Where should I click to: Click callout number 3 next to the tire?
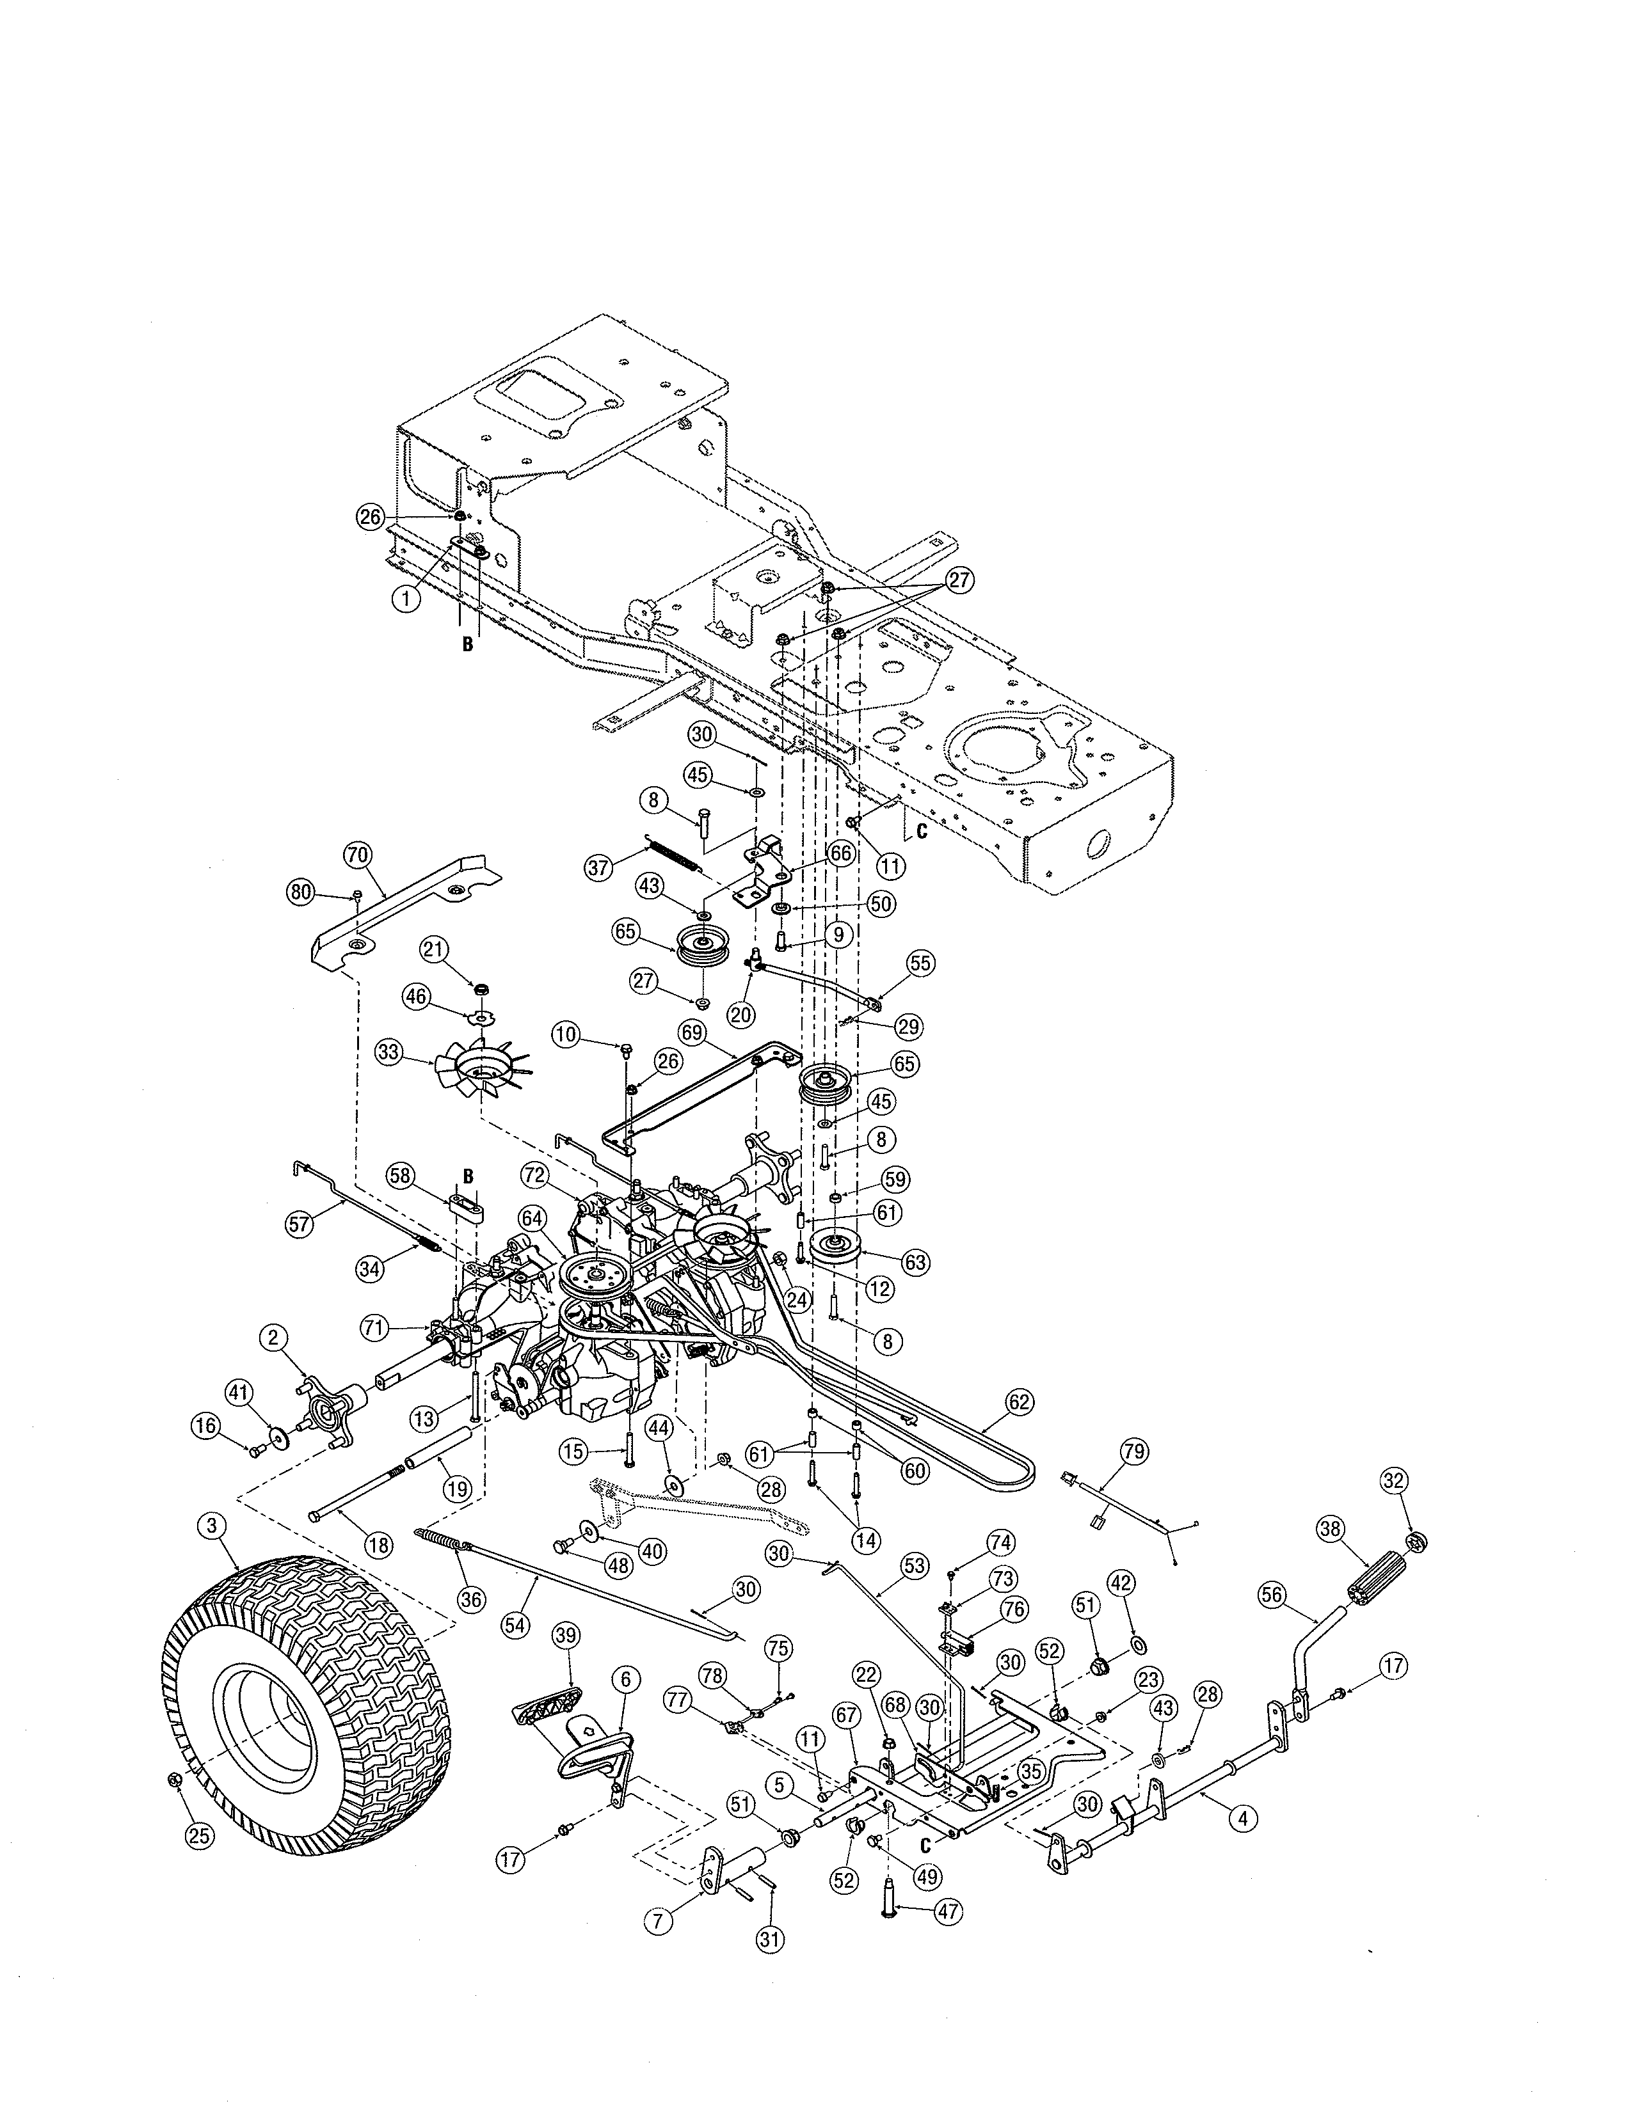pos(212,1526)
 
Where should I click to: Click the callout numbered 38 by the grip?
pos(1331,1528)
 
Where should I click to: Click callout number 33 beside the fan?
pos(390,1054)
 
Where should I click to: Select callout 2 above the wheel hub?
pos(274,1338)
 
